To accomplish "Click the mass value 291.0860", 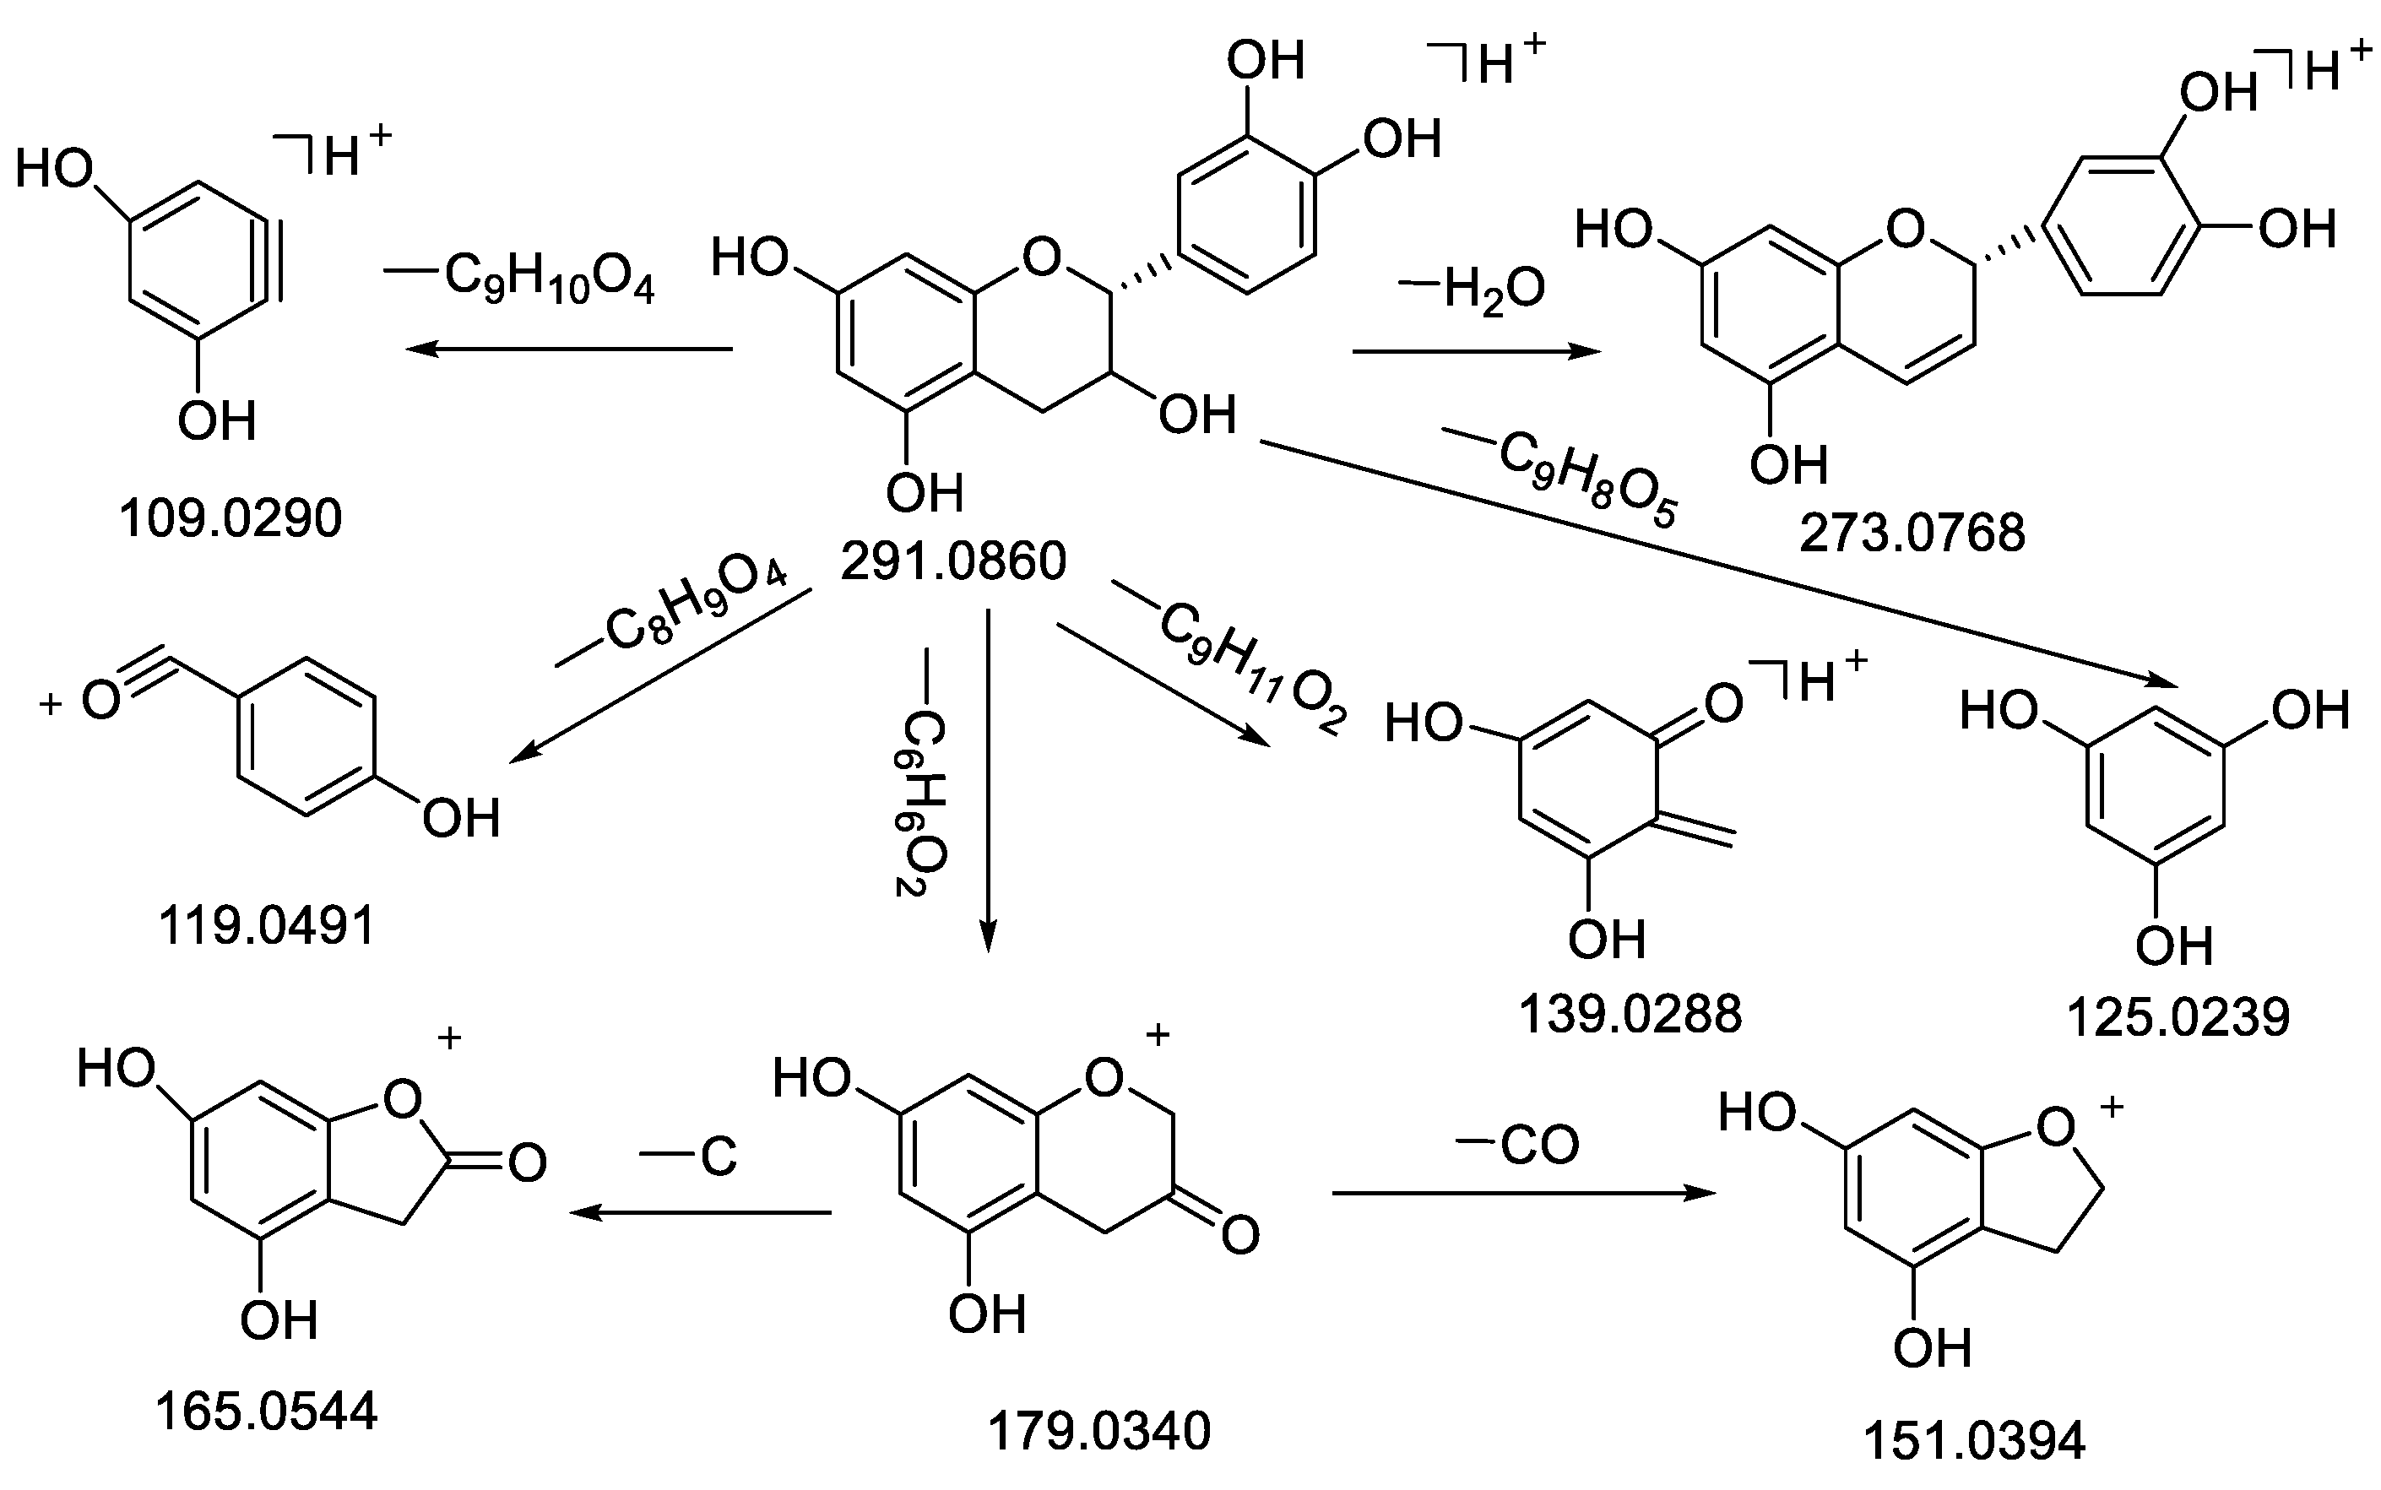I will pyautogui.click(x=953, y=561).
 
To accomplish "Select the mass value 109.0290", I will pyautogui.click(x=230, y=518).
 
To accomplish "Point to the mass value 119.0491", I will pyautogui.click(x=267, y=925).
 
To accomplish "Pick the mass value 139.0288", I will pyautogui.click(x=1630, y=1013).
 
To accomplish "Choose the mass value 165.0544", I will pyautogui.click(x=266, y=1411).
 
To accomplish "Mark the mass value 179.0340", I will pyautogui.click(x=1098, y=1431).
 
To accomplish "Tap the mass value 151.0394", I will pyautogui.click(x=1974, y=1441).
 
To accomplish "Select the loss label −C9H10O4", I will pyautogui.click(x=520, y=278).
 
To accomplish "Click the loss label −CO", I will pyautogui.click(x=1518, y=1145).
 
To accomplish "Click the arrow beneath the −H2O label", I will pyautogui.click(x=1475, y=352).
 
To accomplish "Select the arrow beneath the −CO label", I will pyautogui.click(x=1522, y=1194).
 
